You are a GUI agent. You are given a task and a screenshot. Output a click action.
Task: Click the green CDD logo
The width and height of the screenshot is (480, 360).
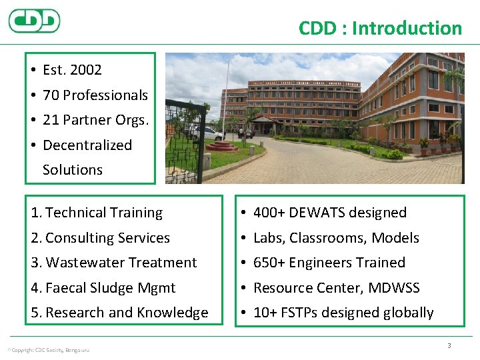tap(34, 21)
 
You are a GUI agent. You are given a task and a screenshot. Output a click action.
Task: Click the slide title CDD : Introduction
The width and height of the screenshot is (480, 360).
tap(380, 28)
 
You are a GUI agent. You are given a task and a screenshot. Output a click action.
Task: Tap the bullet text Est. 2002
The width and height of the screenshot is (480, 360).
tap(72, 69)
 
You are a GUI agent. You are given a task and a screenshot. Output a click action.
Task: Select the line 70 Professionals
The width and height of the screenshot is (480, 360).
tap(95, 95)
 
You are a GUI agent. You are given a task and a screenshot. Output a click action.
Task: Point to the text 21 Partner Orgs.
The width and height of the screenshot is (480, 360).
tap(95, 120)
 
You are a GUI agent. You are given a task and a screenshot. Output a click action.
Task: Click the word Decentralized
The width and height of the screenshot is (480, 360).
tap(87, 145)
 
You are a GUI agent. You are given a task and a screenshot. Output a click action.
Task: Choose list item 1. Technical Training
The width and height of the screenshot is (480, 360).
tap(97, 213)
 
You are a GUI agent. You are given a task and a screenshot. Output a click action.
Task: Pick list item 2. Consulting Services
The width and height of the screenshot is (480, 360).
tap(100, 238)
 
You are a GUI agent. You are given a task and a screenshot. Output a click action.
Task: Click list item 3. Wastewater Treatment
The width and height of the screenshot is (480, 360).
tap(114, 263)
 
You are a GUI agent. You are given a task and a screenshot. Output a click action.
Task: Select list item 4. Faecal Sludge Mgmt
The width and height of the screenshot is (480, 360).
tap(103, 288)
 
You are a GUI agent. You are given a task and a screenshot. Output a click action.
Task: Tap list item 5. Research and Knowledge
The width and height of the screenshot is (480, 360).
tap(119, 313)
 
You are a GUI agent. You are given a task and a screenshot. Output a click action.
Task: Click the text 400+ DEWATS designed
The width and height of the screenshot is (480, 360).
tap(329, 213)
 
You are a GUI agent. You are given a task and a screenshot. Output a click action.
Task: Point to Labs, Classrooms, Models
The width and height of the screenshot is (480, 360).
tap(336, 238)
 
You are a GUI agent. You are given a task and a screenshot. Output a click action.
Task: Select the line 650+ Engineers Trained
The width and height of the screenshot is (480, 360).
tap(329, 263)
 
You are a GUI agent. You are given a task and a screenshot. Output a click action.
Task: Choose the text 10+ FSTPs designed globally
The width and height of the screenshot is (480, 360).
tap(343, 313)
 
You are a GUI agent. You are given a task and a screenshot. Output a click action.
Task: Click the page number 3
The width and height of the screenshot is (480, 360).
tap(449, 345)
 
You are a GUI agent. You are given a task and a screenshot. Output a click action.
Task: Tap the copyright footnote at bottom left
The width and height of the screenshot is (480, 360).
tap(48, 350)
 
